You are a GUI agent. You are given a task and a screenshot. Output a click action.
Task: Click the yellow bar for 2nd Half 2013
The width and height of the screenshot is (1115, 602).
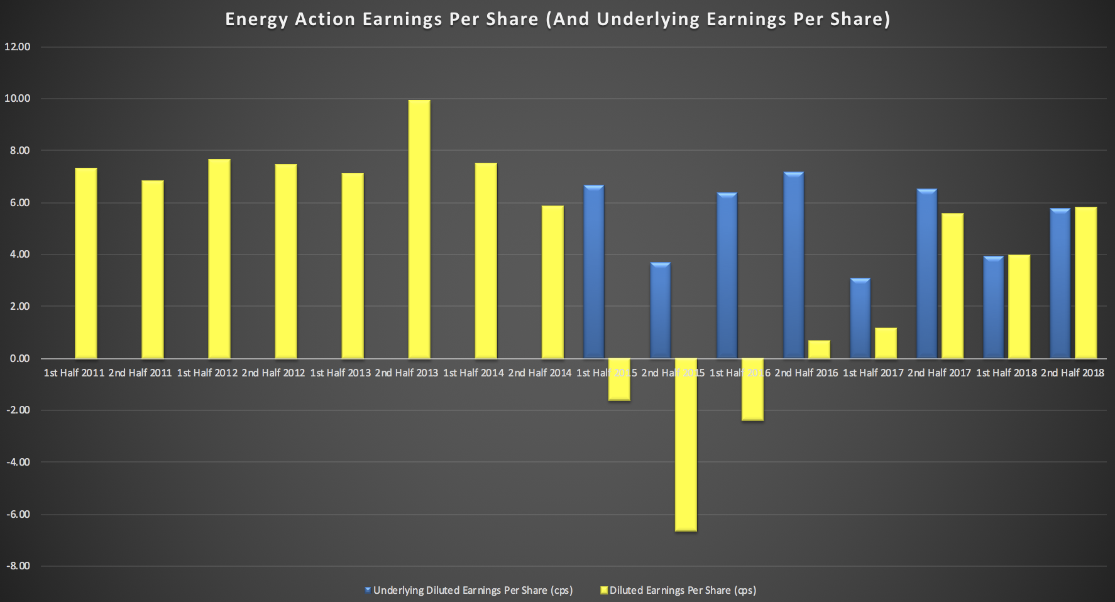(x=419, y=229)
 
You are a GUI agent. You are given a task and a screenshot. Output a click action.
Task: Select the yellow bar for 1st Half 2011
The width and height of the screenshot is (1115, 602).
(x=86, y=263)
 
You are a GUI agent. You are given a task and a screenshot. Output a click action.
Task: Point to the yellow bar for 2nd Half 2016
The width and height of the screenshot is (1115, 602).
(x=819, y=349)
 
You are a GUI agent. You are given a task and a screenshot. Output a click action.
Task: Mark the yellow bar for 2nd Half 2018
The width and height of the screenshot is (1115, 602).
(x=1085, y=283)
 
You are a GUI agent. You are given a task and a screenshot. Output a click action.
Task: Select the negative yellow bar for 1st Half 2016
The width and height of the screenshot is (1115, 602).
(x=752, y=390)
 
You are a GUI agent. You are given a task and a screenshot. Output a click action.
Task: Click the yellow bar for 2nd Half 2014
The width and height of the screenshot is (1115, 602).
(x=552, y=282)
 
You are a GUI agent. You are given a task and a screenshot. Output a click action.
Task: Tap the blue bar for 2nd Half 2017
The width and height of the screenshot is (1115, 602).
(x=927, y=274)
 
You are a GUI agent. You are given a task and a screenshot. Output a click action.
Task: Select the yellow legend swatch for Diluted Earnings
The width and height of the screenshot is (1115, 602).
(x=604, y=590)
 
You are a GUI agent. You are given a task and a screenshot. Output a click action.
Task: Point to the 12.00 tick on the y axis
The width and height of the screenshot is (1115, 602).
(x=17, y=47)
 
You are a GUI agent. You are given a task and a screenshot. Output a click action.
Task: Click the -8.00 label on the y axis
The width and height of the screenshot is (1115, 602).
(x=18, y=566)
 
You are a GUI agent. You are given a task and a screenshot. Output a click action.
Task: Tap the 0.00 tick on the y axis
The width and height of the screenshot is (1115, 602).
(x=19, y=358)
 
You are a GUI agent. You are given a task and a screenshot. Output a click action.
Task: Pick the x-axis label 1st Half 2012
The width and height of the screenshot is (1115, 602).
(x=207, y=373)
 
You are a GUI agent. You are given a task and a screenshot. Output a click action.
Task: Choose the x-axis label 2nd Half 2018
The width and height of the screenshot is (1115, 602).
(x=1072, y=373)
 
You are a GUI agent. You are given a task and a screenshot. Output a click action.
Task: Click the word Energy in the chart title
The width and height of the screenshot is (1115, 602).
(x=256, y=19)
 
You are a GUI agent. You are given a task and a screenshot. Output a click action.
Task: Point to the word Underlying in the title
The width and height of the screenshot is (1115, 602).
(x=648, y=19)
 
